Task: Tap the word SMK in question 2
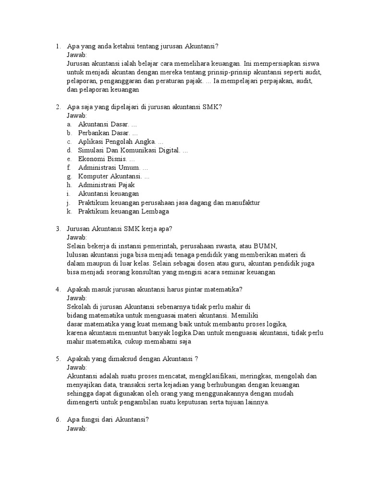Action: pos(210,107)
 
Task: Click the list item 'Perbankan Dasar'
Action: pos(104,133)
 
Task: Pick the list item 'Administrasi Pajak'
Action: pos(107,185)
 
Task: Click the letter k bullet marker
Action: pos(69,211)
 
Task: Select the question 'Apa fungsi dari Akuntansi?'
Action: pos(108,420)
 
